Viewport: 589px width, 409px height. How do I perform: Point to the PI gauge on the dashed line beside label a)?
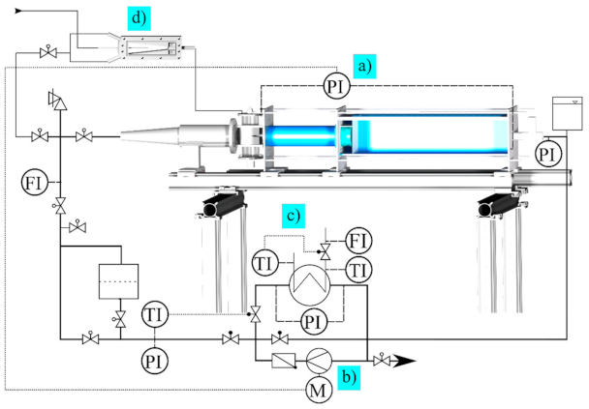coord(335,87)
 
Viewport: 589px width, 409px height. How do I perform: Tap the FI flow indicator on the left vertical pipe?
coord(31,181)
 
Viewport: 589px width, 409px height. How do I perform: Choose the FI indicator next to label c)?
coord(358,238)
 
